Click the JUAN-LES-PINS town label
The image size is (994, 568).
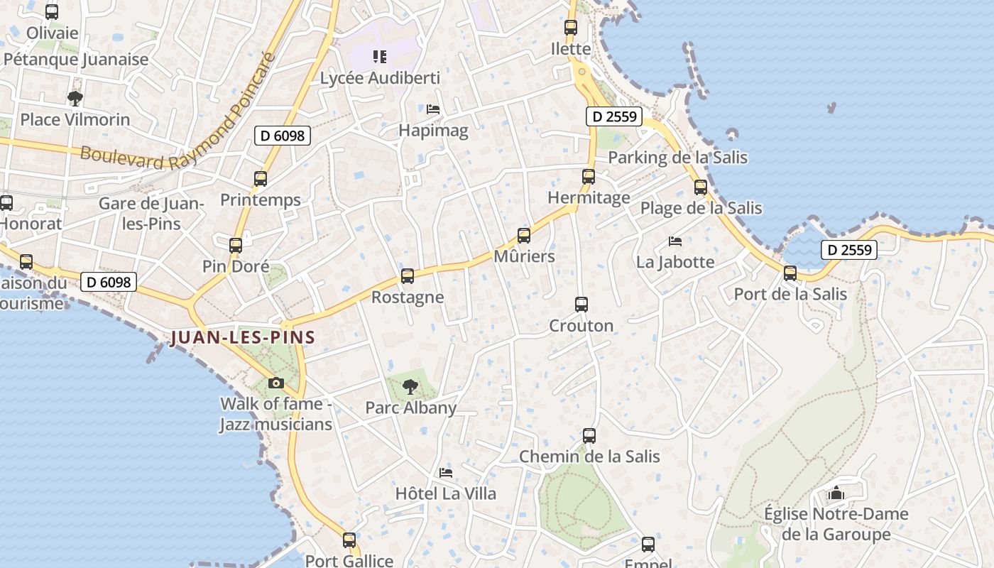pyautogui.click(x=243, y=337)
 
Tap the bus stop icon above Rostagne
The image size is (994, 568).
pyautogui.click(x=408, y=276)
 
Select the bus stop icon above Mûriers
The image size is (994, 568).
pyautogui.click(x=524, y=236)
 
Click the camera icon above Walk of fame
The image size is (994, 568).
pyautogui.click(x=276, y=383)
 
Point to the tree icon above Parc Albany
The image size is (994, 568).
pyautogui.click(x=410, y=387)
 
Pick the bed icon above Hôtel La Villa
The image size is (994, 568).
pyautogui.click(x=446, y=473)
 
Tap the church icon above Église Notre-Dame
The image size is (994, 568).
pyautogui.click(x=836, y=493)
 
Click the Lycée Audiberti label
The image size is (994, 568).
pyautogui.click(x=380, y=78)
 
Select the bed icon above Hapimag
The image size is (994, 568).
pyautogui.click(x=433, y=109)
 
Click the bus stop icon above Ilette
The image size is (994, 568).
pyautogui.click(x=571, y=28)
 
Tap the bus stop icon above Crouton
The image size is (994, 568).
pyautogui.click(x=581, y=305)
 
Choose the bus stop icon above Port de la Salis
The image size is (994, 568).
pyautogui.click(x=790, y=273)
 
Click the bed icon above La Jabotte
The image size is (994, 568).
pyautogui.click(x=675, y=241)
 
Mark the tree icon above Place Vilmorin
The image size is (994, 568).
pyautogui.click(x=75, y=99)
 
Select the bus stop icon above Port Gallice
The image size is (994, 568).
pyautogui.click(x=349, y=540)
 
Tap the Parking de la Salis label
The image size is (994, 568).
pyautogui.click(x=678, y=158)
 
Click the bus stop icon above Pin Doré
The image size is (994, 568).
pyautogui.click(x=236, y=246)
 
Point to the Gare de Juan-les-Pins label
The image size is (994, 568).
pyautogui.click(x=151, y=214)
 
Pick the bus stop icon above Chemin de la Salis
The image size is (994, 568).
pyautogui.click(x=589, y=436)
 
